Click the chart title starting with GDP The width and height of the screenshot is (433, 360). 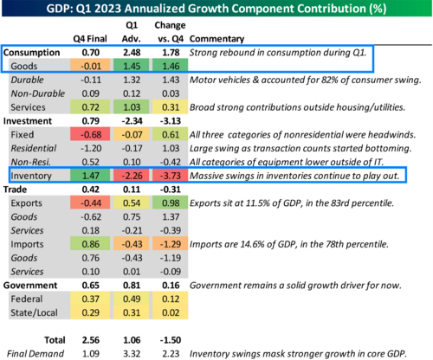tap(216, 9)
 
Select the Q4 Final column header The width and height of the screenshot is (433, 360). tap(90, 39)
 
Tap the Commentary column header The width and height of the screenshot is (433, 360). tap(216, 39)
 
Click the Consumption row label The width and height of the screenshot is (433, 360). tap(31, 53)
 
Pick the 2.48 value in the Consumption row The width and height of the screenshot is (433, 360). tap(132, 53)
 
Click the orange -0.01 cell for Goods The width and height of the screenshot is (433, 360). tap(90, 66)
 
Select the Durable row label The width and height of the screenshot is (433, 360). tap(27, 80)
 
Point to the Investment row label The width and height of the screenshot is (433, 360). tap(28, 121)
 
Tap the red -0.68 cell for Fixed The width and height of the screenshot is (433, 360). tap(90, 135)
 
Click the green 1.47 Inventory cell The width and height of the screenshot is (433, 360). tap(90, 176)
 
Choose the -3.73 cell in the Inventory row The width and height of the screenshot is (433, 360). tap(171, 176)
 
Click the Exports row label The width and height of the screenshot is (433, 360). tap(26, 203)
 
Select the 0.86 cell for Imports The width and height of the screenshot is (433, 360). tap(90, 244)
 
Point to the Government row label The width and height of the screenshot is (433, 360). tap(30, 286)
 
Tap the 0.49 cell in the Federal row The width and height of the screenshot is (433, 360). tap(132, 299)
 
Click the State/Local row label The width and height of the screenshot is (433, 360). tap(34, 312)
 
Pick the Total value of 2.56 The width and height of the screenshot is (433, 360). tap(91, 340)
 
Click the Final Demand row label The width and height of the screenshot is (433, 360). tap(36, 354)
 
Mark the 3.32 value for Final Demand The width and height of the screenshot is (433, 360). tap(132, 354)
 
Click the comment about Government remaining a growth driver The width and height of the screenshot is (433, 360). tap(295, 286)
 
